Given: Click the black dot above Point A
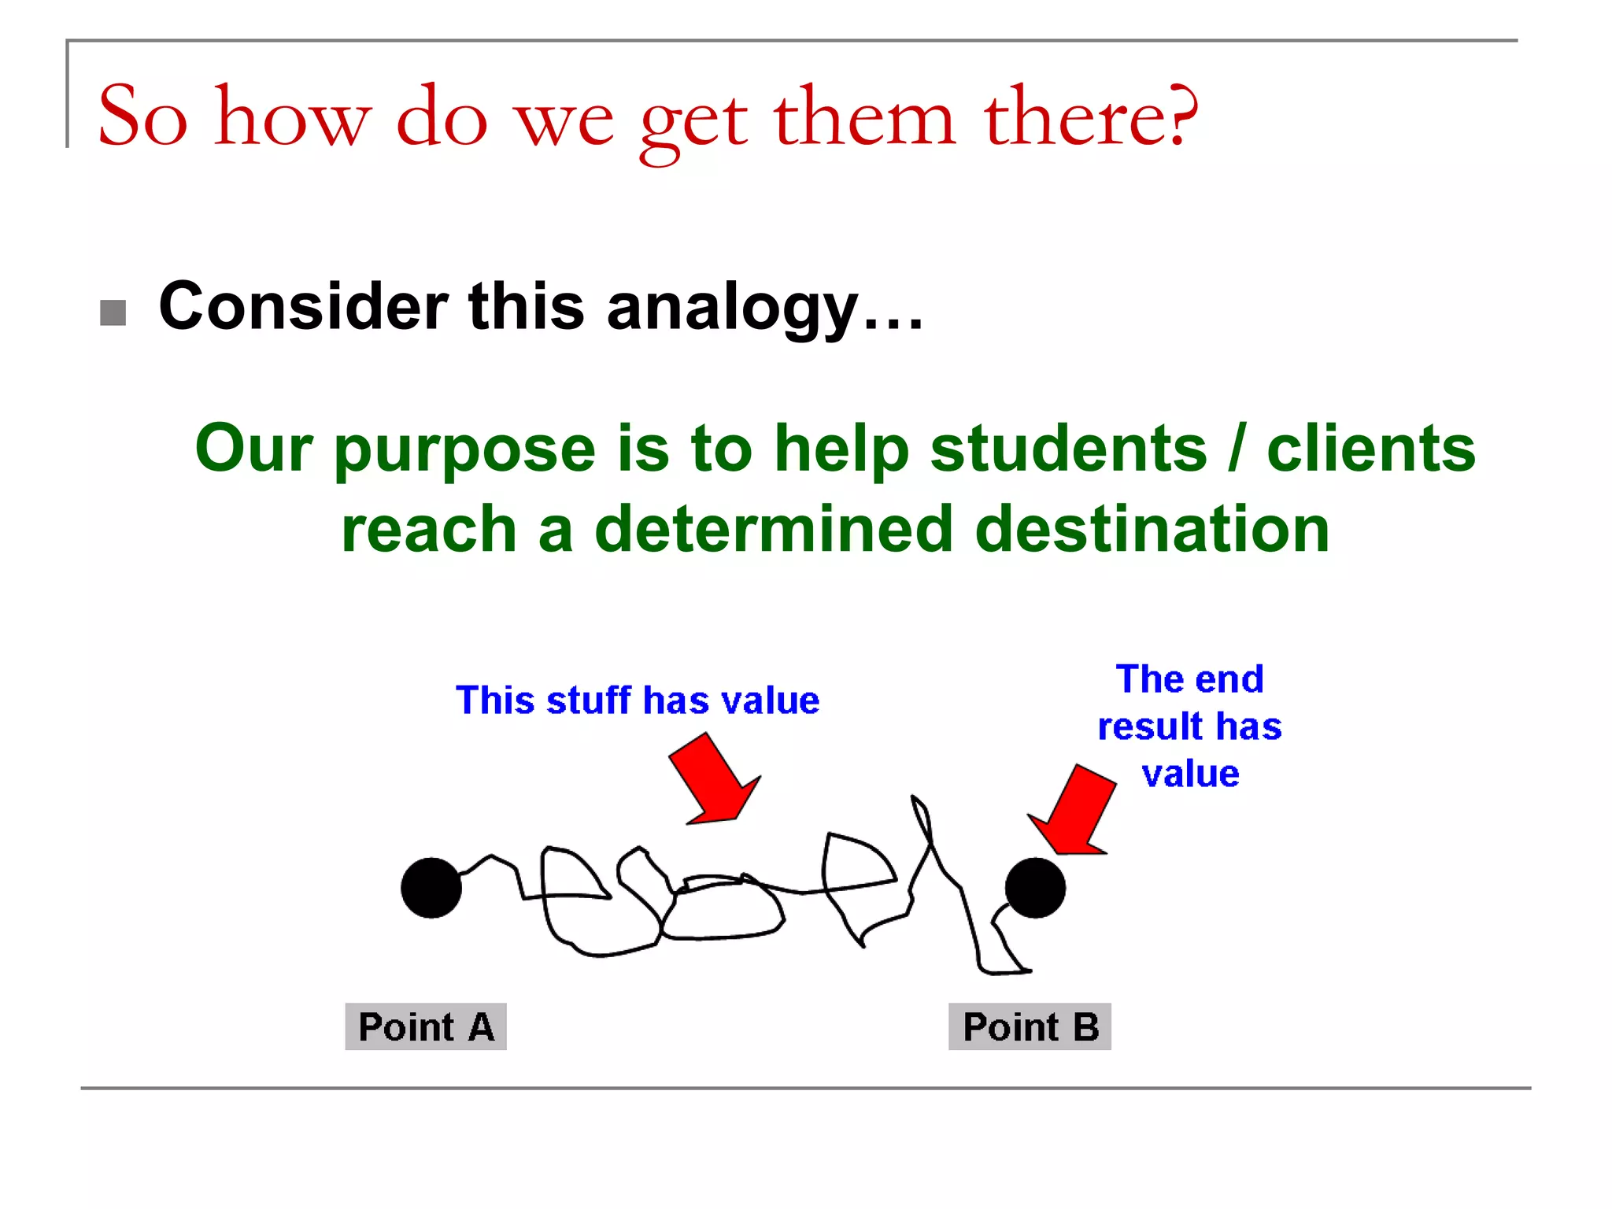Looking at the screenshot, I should coord(431,888).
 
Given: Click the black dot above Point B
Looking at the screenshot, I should coord(1035,888).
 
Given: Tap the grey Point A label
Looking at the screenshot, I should coord(426,1026).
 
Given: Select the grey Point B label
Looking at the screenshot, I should coord(1030,1026).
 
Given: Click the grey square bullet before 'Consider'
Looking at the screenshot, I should coord(113,312).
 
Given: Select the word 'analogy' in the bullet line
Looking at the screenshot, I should coord(732,308).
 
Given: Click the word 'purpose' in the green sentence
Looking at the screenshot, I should coord(464,450).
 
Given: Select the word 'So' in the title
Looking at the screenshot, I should coord(142,116).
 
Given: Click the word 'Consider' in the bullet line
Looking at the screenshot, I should coord(303,306).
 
